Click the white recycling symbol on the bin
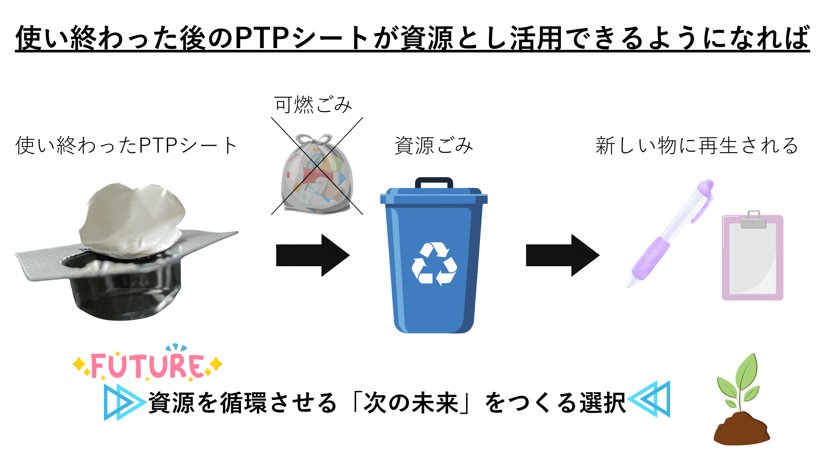(434, 263)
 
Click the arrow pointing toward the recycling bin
(313, 256)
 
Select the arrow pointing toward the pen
(562, 256)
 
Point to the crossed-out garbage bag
(317, 176)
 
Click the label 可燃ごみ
(313, 105)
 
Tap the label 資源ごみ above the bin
(434, 146)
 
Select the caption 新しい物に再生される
(697, 146)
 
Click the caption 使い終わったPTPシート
(126, 146)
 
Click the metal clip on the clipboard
(753, 219)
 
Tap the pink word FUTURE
(147, 366)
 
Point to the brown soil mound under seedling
(742, 430)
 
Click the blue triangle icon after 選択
(651, 399)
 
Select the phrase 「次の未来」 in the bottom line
(411, 403)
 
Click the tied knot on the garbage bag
(315, 140)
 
